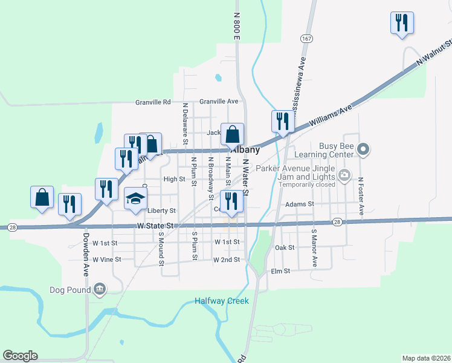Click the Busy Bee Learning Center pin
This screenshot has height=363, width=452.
tap(363, 148)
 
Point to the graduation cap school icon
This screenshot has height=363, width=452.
tap(135, 198)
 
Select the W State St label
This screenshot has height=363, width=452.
tap(155, 226)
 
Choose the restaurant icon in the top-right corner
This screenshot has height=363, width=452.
tap(402, 23)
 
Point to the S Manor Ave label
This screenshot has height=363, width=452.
tap(314, 248)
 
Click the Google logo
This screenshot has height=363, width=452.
tap(20, 356)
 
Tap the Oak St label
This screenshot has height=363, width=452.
tap(284, 247)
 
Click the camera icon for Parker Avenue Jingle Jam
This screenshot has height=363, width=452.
tap(344, 176)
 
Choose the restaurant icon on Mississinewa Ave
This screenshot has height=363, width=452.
tap(282, 122)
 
